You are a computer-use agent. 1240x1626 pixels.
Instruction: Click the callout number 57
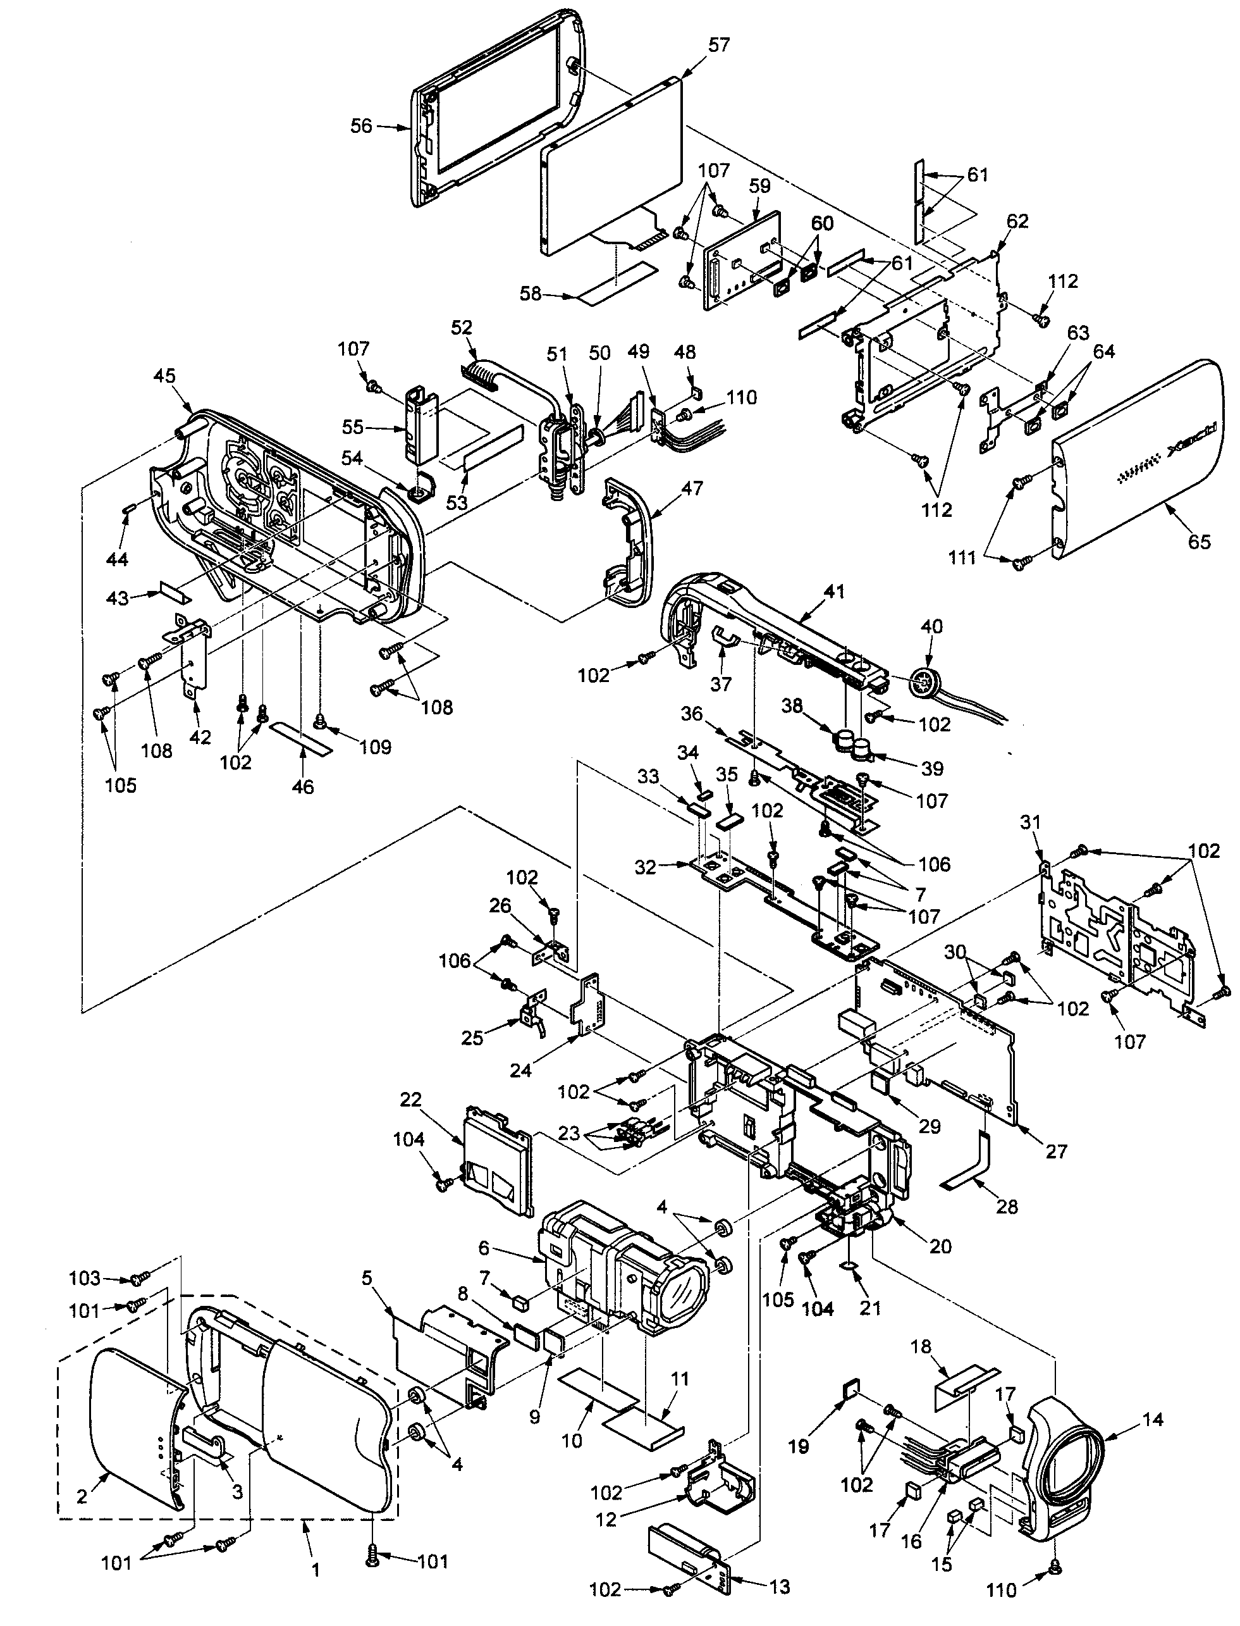point(718,45)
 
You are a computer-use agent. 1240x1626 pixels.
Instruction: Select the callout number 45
point(164,376)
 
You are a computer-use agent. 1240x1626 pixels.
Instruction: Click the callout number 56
point(361,127)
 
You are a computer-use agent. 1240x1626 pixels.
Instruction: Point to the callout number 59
point(759,186)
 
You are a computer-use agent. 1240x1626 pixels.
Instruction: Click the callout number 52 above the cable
point(462,327)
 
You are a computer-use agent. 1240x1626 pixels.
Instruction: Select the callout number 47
point(692,488)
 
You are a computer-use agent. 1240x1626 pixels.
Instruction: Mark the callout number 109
point(375,747)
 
